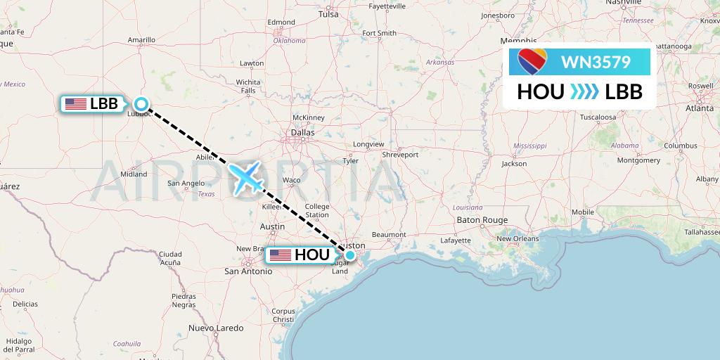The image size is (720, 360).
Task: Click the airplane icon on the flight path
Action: (245, 176)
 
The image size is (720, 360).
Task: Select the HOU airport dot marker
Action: (349, 255)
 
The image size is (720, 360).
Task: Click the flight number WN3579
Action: (596, 63)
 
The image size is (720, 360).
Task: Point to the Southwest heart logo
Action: (532, 63)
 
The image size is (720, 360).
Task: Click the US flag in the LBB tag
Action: (75, 104)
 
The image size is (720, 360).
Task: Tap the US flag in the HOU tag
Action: (280, 255)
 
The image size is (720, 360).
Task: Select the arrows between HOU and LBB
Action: (584, 91)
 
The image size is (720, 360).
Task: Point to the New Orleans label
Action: (517, 239)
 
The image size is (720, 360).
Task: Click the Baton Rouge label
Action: (482, 220)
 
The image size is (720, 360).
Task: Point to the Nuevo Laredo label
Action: (216, 328)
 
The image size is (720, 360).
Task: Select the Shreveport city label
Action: (400, 154)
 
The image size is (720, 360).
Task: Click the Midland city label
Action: (134, 174)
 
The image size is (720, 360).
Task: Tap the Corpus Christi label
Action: (284, 315)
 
